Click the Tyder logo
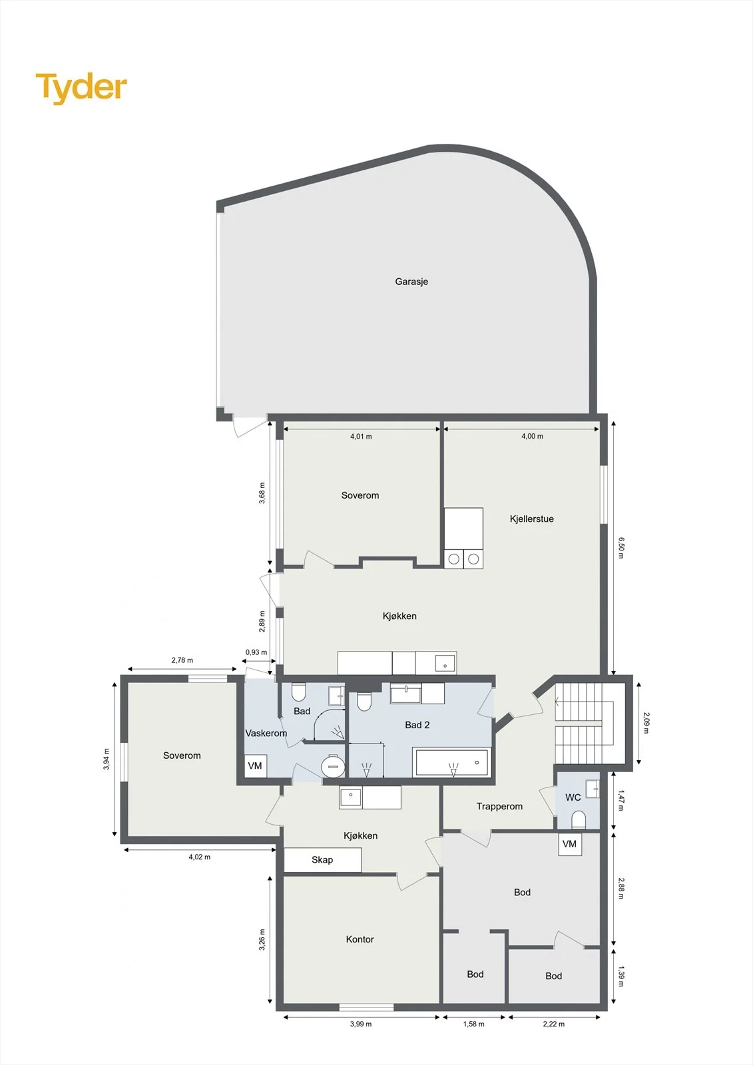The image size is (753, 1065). point(81,89)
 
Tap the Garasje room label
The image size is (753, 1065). point(411,282)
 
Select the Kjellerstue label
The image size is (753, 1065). point(532,519)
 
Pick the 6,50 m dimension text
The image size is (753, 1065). point(621,548)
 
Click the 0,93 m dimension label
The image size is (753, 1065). point(256,652)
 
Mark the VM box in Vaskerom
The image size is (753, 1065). point(256,765)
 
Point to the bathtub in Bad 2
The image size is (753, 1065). point(452,763)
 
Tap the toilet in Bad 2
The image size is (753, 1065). point(364,702)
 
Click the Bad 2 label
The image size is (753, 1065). point(417,725)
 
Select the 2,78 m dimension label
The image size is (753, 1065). point(182,660)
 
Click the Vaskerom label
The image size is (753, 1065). point(266,733)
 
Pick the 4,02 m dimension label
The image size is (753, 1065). point(199,857)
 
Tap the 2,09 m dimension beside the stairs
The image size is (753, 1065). point(646,722)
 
